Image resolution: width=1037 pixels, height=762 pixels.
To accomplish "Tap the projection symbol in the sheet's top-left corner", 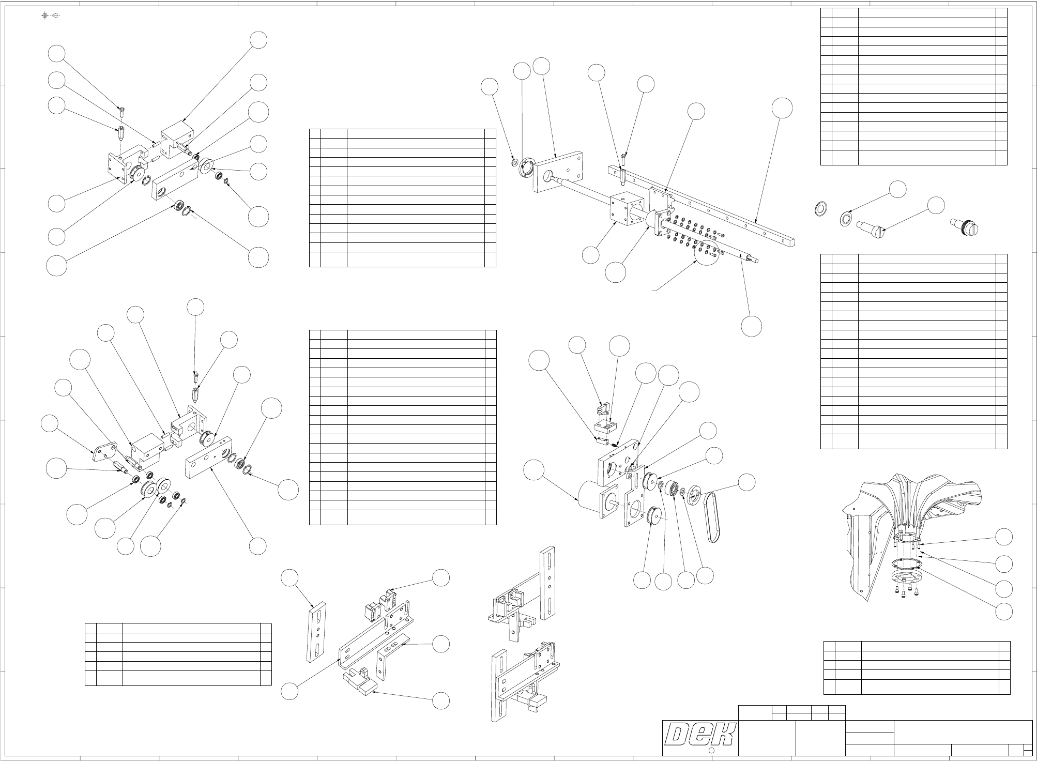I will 51,15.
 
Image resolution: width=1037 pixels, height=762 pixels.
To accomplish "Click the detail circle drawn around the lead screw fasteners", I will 707,251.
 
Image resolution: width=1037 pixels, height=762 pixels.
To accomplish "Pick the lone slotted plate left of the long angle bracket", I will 317,631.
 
